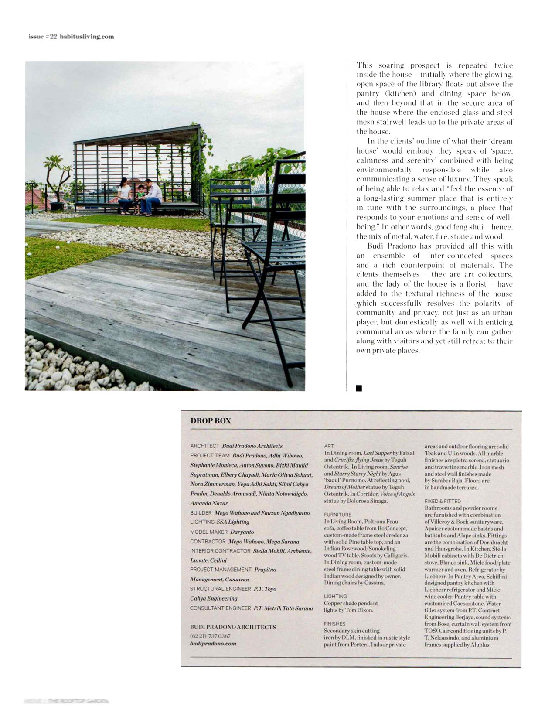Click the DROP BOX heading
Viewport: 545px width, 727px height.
(211, 421)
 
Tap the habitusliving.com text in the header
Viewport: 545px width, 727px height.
(86, 37)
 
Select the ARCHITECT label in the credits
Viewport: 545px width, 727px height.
(204, 446)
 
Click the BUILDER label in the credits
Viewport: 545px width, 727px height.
(201, 513)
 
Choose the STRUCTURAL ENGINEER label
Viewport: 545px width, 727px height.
(220, 589)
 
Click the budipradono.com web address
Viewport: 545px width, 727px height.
(213, 643)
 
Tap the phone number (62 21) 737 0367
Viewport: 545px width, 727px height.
(210, 636)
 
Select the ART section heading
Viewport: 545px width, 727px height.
(329, 446)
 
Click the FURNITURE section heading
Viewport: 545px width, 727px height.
(337, 515)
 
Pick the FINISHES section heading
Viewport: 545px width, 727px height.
(334, 624)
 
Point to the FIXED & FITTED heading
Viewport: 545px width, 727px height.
(443, 501)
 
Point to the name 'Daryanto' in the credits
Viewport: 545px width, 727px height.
(242, 532)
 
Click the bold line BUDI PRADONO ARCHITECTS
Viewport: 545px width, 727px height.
(233, 627)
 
